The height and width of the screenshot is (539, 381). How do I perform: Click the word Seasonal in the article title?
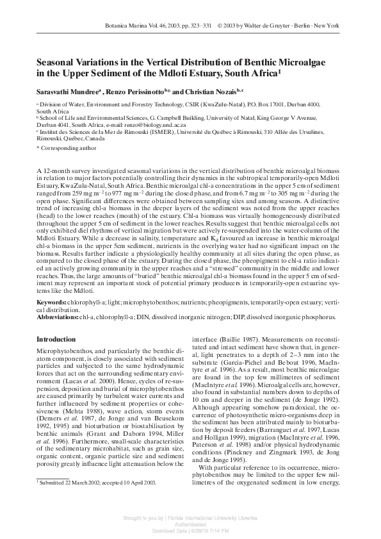coord(57,62)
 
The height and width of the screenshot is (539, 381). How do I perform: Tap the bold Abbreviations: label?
coord(57,317)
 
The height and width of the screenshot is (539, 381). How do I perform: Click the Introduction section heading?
coord(56,339)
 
